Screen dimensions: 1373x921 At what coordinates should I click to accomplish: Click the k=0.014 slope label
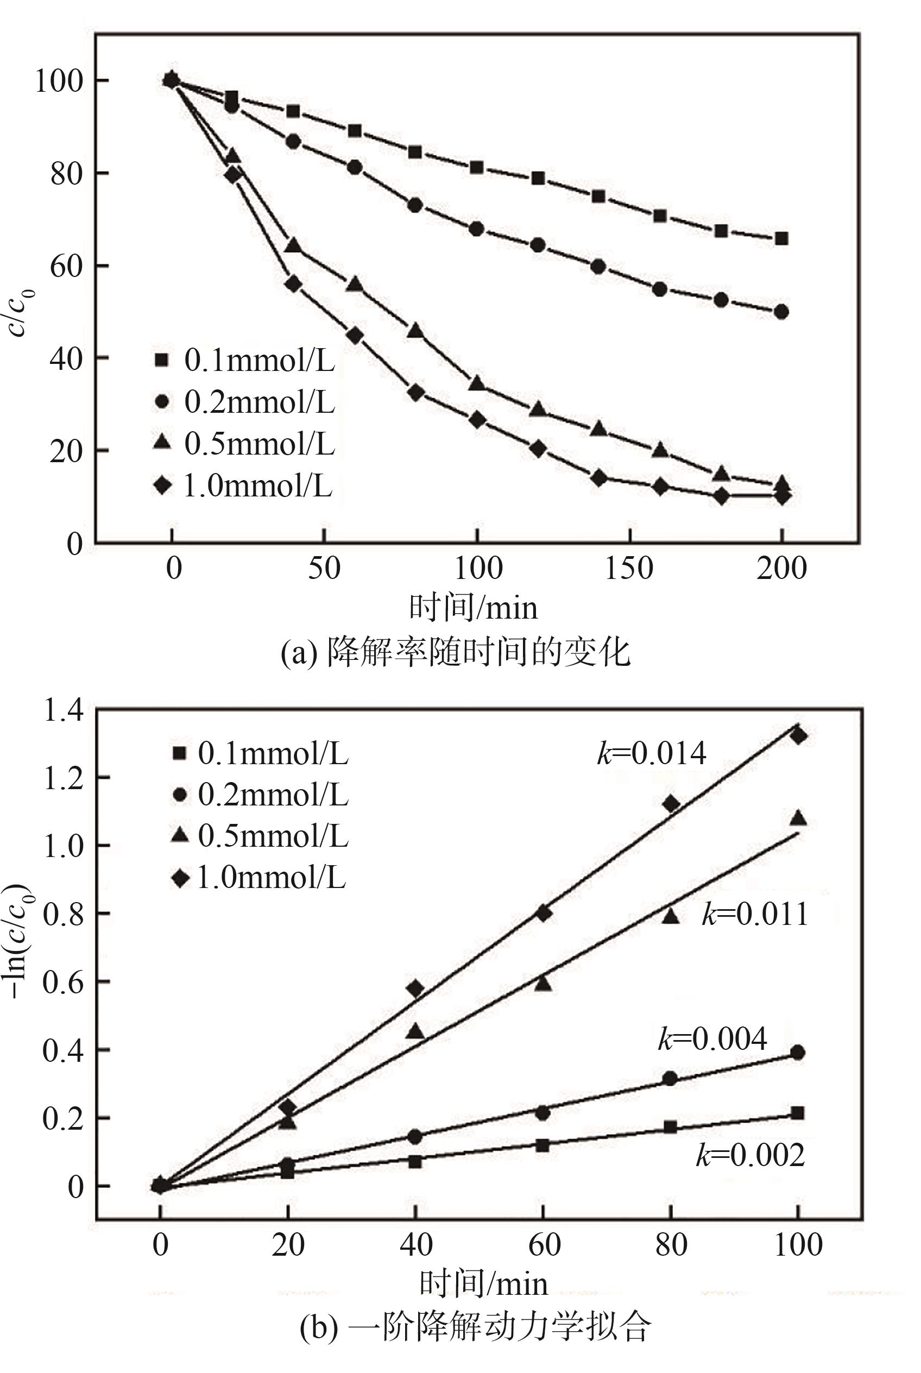pyautogui.click(x=652, y=753)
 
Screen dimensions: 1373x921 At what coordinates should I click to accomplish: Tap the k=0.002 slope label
pyautogui.click(x=750, y=1156)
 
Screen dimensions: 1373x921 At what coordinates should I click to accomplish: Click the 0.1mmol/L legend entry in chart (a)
pyautogui.click(x=244, y=361)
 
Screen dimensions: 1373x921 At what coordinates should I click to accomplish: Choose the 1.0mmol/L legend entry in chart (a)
pyautogui.click(x=243, y=487)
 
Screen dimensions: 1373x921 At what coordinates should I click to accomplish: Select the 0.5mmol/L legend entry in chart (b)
pyautogui.click(x=258, y=835)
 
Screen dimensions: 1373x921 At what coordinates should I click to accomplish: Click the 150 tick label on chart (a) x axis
pyautogui.click(x=629, y=569)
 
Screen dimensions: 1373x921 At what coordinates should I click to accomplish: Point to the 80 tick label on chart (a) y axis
pyautogui.click(x=65, y=174)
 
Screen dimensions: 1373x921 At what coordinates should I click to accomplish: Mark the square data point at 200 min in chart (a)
pyautogui.click(x=782, y=238)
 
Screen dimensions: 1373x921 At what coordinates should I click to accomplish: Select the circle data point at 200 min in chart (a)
pyautogui.click(x=782, y=312)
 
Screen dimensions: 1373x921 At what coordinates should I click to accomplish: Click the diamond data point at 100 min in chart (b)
pyautogui.click(x=798, y=735)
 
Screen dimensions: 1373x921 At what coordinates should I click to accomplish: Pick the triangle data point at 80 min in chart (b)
pyautogui.click(x=671, y=915)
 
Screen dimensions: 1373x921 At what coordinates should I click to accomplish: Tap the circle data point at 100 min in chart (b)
pyautogui.click(x=798, y=1053)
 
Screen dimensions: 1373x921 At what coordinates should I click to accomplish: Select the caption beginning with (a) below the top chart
pyautogui.click(x=455, y=652)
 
